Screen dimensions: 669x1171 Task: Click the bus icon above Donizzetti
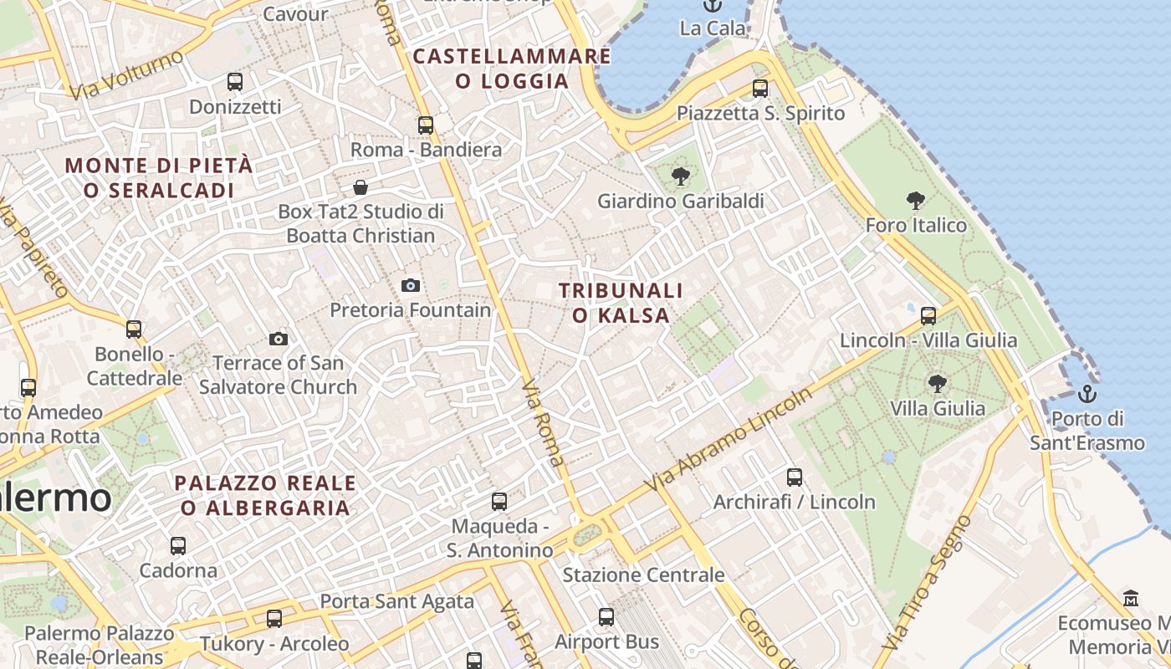(235, 82)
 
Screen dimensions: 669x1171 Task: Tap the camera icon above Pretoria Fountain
(410, 285)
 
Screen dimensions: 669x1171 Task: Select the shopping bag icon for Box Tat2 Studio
(361, 186)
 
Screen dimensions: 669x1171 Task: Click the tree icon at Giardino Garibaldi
(681, 176)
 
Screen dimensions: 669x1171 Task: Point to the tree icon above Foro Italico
(916, 200)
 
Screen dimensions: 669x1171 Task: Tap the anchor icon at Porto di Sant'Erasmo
(1087, 393)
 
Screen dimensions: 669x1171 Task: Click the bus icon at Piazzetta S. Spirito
(760, 88)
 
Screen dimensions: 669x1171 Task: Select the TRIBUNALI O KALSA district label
(621, 303)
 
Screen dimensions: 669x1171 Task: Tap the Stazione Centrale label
(643, 575)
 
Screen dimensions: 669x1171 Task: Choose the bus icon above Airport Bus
(606, 617)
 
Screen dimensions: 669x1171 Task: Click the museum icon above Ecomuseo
(1131, 598)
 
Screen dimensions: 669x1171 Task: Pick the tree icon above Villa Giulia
(937, 384)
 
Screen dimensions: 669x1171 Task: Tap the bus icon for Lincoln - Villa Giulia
(928, 315)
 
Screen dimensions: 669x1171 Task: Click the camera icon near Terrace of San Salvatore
(279, 339)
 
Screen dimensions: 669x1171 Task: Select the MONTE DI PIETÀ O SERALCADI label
(159, 178)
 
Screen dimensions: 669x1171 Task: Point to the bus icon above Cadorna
(178, 546)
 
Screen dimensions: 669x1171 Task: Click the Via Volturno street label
(127, 75)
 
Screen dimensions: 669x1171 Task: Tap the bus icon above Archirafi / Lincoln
(795, 477)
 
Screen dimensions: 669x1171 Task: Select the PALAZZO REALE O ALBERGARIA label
(265, 495)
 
